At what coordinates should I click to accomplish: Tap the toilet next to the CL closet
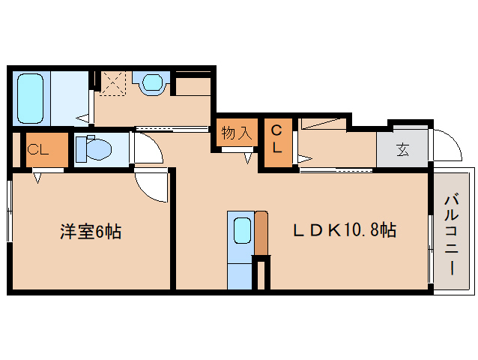[95, 148]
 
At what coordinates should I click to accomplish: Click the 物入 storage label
[236, 134]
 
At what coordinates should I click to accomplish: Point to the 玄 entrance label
[402, 148]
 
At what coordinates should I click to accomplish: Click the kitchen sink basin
[241, 230]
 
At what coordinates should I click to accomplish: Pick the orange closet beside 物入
[276, 142]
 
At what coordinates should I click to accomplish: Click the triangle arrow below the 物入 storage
[248, 157]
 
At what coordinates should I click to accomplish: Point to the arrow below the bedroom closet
[37, 177]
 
